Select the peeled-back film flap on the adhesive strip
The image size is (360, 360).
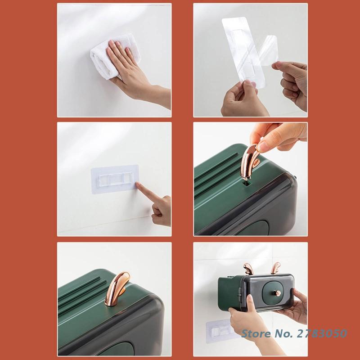pyautogui.click(x=269, y=50)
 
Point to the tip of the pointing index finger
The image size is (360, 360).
pyautogui.click(x=137, y=184)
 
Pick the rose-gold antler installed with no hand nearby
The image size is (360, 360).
pyautogui.click(x=116, y=288)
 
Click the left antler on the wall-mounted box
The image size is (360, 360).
pyautogui.click(x=247, y=268)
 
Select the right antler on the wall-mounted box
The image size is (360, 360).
pyautogui.click(x=275, y=268)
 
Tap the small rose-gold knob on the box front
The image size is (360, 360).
pyautogui.click(x=277, y=293)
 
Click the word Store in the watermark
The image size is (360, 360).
pyautogui.click(x=256, y=333)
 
